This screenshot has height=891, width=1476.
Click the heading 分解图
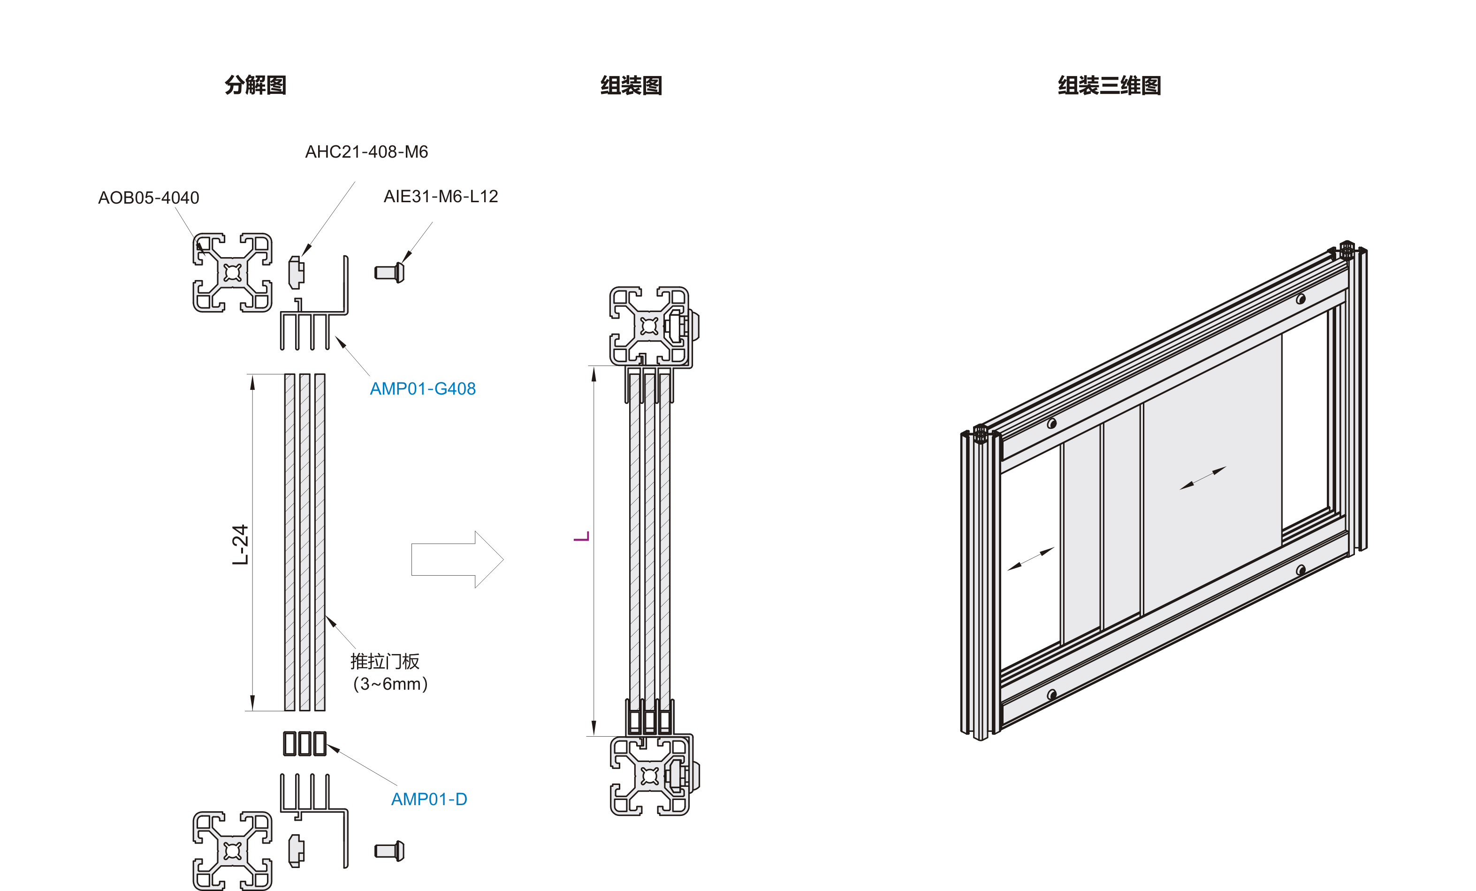point(255,85)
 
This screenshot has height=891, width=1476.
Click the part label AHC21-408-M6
point(366,152)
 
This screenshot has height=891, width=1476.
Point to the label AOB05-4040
point(149,198)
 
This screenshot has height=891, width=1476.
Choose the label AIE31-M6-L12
point(441,197)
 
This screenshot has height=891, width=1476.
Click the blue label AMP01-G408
point(422,389)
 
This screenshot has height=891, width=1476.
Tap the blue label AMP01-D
point(429,800)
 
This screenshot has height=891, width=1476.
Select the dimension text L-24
point(240,544)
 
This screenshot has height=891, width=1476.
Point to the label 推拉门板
point(385,662)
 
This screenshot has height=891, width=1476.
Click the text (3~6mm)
point(390,684)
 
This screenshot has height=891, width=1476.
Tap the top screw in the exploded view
point(389,273)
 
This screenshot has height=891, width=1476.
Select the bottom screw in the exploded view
point(389,851)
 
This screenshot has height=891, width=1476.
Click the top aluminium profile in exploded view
point(232,273)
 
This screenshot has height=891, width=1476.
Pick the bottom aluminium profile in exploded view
point(232,851)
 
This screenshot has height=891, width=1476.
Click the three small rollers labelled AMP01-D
point(305,744)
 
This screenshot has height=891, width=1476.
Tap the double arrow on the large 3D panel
point(1203,478)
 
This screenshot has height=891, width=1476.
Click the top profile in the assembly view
point(650,326)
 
